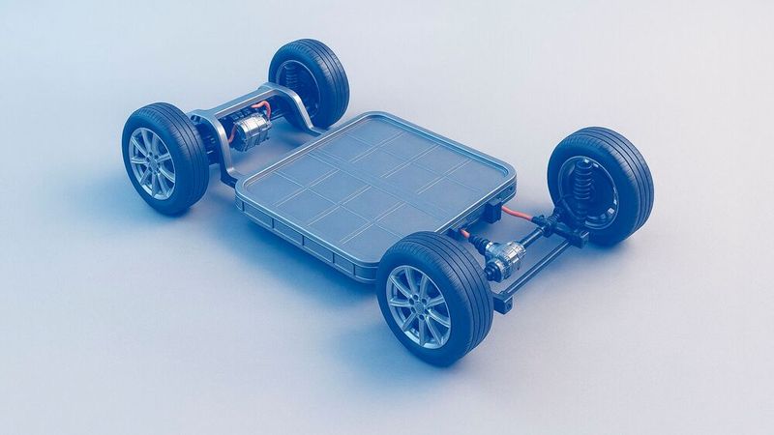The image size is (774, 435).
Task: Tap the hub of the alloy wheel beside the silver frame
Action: click(x=152, y=162)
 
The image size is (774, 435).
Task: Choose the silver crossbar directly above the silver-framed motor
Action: click(x=261, y=93)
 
